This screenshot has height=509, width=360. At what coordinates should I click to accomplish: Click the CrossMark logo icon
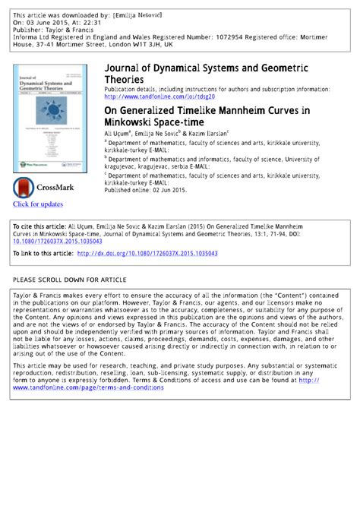(24, 187)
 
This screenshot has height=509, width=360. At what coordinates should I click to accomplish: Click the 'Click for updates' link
(38, 204)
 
